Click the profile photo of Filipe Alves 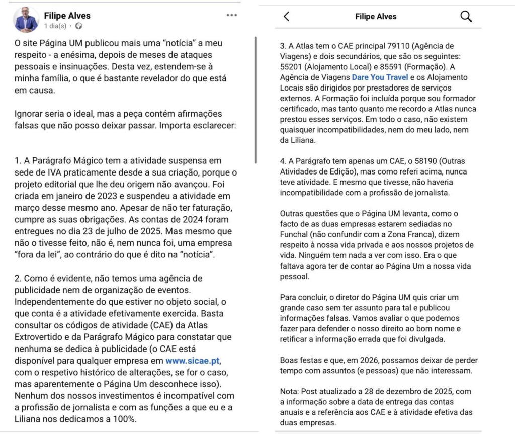coord(26,20)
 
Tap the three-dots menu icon coord(231,15)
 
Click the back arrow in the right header coord(287,17)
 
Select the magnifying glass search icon coord(466,17)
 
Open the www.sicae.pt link coord(193,361)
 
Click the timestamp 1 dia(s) coord(55,26)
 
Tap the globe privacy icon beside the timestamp coord(78,26)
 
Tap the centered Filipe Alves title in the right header coord(376,17)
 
